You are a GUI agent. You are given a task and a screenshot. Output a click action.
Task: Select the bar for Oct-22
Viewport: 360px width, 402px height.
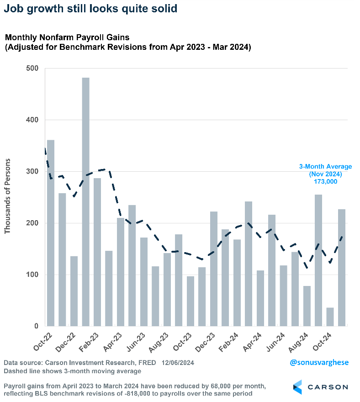(x=51, y=233)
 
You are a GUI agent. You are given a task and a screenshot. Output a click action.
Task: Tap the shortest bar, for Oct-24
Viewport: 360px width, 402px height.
(x=330, y=317)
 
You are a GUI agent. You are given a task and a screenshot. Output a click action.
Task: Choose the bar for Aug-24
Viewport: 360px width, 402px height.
(x=307, y=306)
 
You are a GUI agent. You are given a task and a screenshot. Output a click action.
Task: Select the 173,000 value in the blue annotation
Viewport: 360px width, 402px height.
(x=326, y=182)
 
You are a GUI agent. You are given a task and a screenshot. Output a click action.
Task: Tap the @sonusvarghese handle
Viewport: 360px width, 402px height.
(x=319, y=362)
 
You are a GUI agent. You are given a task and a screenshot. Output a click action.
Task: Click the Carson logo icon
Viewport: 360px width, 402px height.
(x=297, y=386)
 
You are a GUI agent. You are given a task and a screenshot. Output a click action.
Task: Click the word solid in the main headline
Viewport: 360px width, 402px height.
(x=164, y=9)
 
